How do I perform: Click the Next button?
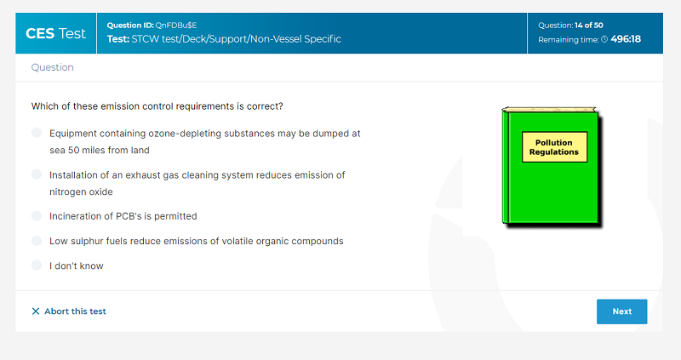621,311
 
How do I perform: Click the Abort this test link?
69,311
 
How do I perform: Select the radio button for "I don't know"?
37,266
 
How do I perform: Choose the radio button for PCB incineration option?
37,216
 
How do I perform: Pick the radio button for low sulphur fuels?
37,241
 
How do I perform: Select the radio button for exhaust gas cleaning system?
37,174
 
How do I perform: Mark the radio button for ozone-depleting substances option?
37,133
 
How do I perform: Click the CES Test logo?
55,33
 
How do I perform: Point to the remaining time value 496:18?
626,39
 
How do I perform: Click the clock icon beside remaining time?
604,39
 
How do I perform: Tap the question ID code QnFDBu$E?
176,26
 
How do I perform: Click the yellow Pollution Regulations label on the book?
554,147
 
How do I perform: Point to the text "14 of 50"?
588,26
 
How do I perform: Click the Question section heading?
52,67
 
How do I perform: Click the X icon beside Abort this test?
36,311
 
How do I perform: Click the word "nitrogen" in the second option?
66,192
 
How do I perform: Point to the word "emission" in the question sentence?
117,106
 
